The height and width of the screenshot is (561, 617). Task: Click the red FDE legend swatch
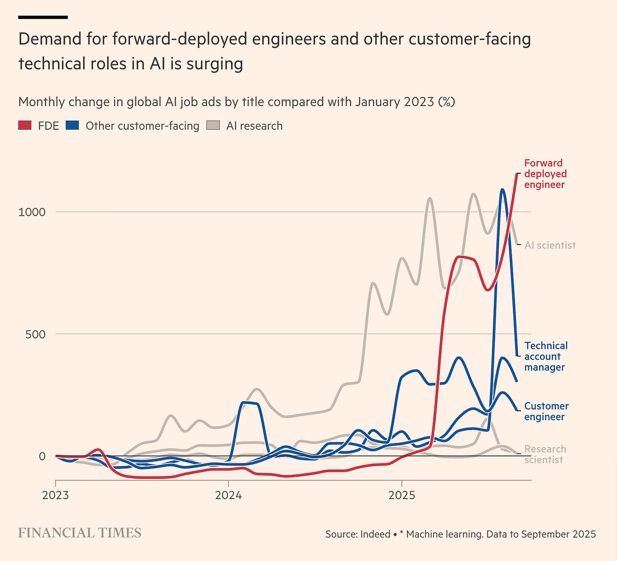(25, 126)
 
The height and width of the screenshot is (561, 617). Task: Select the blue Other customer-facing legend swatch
(72, 126)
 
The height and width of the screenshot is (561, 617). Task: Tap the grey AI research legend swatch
(213, 126)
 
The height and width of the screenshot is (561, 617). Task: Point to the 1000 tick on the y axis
(32, 212)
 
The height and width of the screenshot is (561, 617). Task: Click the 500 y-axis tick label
(35, 334)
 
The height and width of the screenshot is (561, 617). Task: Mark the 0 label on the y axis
(42, 456)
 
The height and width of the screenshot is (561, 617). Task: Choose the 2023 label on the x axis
(56, 495)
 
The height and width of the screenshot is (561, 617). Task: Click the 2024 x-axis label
(228, 495)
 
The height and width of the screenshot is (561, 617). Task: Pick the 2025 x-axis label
(402, 495)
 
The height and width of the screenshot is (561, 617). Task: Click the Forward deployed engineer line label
(545, 174)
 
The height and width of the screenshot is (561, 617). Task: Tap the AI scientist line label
(550, 245)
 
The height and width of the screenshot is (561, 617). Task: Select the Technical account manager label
(545, 357)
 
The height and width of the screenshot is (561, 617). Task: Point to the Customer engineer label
(546, 411)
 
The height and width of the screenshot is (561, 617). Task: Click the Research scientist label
(545, 454)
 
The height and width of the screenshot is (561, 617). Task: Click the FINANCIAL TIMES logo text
(80, 533)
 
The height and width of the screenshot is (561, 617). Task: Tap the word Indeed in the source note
(375, 534)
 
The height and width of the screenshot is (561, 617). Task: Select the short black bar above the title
(43, 17)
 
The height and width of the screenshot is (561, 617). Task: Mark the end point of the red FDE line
(517, 174)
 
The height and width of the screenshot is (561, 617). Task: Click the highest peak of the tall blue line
(502, 190)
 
